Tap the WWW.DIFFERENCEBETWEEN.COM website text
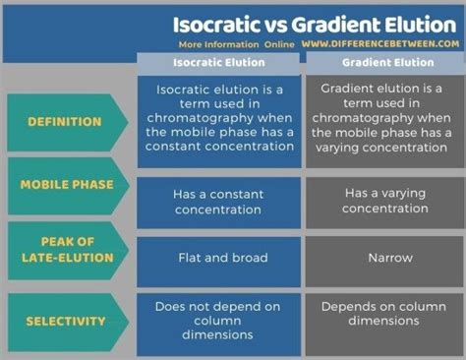click(x=380, y=44)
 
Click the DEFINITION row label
click(x=66, y=122)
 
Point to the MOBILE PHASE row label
click(x=66, y=185)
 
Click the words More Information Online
click(x=235, y=44)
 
